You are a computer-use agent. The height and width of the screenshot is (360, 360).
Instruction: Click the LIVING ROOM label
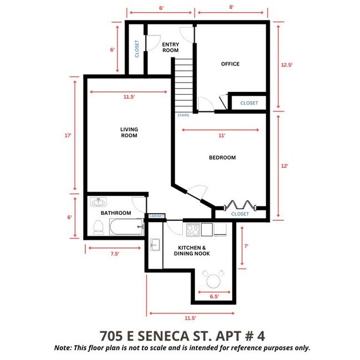coord(128,132)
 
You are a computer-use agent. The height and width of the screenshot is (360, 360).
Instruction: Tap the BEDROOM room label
coord(222,158)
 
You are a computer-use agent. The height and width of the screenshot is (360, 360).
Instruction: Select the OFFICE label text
coord(230,64)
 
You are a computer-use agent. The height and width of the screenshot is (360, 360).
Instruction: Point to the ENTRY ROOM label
coord(171,47)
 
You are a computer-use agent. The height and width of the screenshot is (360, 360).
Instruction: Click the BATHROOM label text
coord(115,213)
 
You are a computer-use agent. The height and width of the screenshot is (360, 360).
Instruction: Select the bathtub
coord(126,228)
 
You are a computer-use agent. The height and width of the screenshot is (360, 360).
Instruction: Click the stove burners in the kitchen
coord(193,229)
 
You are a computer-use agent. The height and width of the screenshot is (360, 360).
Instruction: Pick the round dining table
coord(213,280)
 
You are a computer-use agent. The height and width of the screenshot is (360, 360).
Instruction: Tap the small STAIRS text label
coord(183,116)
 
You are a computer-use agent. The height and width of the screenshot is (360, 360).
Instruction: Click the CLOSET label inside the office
coord(249,103)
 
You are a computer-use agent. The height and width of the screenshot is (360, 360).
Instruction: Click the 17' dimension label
coord(68,135)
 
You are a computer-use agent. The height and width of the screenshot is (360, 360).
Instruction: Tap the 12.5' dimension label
coord(286,65)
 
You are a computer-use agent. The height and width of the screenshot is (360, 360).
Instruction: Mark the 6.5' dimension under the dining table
coord(214,297)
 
